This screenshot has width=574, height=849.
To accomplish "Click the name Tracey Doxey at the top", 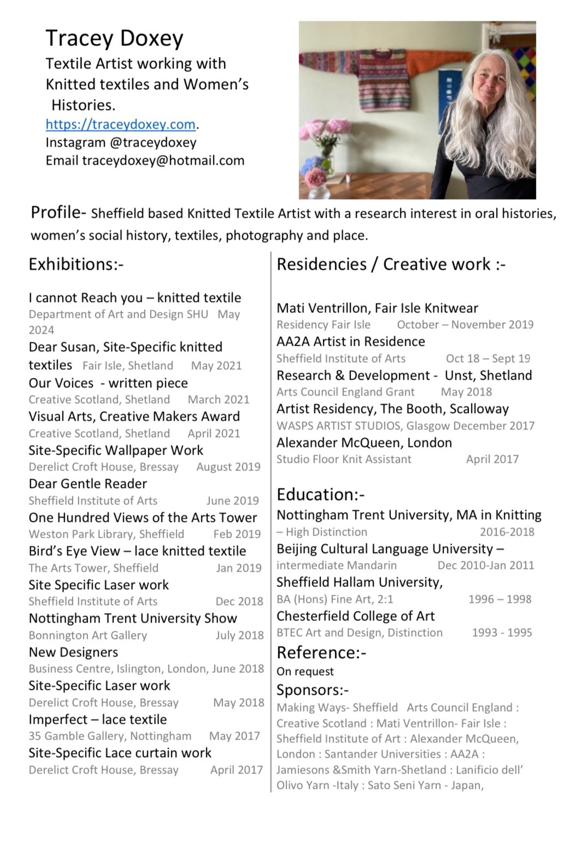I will click(114, 38).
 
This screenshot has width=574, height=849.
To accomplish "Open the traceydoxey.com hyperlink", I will click(120, 124).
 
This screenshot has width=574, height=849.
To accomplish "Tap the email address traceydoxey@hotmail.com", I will click(163, 160).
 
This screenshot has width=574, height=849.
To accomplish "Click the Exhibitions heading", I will click(76, 264).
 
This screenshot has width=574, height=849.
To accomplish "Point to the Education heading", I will click(320, 495).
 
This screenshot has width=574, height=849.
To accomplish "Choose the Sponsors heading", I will click(312, 690).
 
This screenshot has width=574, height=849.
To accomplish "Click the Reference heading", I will click(321, 653).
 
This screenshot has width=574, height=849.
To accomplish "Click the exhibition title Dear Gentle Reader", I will click(88, 484).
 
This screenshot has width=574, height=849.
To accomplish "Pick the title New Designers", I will click(73, 652).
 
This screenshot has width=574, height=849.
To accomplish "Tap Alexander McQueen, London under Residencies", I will click(364, 443).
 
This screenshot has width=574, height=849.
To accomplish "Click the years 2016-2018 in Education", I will click(507, 532).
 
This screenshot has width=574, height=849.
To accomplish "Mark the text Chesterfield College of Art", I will click(355, 616).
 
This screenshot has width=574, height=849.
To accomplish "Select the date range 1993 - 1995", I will click(502, 632).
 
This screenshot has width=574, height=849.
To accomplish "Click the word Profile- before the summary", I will click(58, 212).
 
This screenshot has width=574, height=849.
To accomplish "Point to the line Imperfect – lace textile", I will click(98, 719).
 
